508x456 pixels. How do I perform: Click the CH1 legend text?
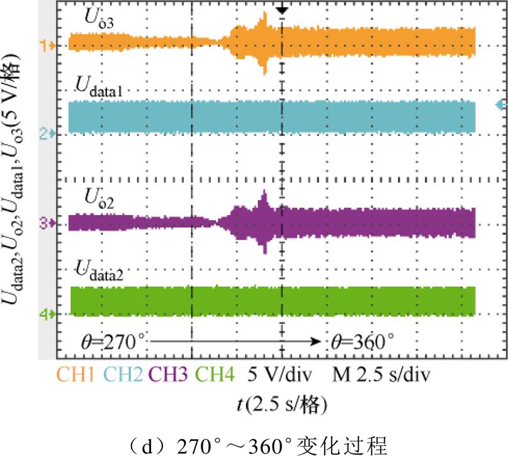click(x=76, y=375)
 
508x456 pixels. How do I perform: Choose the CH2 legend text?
click(x=123, y=375)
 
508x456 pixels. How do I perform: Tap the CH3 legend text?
click(x=169, y=375)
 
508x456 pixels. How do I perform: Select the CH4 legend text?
click(x=215, y=375)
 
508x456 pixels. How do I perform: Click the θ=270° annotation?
click(x=113, y=342)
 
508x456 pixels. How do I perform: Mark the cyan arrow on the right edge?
click(x=501, y=104)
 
